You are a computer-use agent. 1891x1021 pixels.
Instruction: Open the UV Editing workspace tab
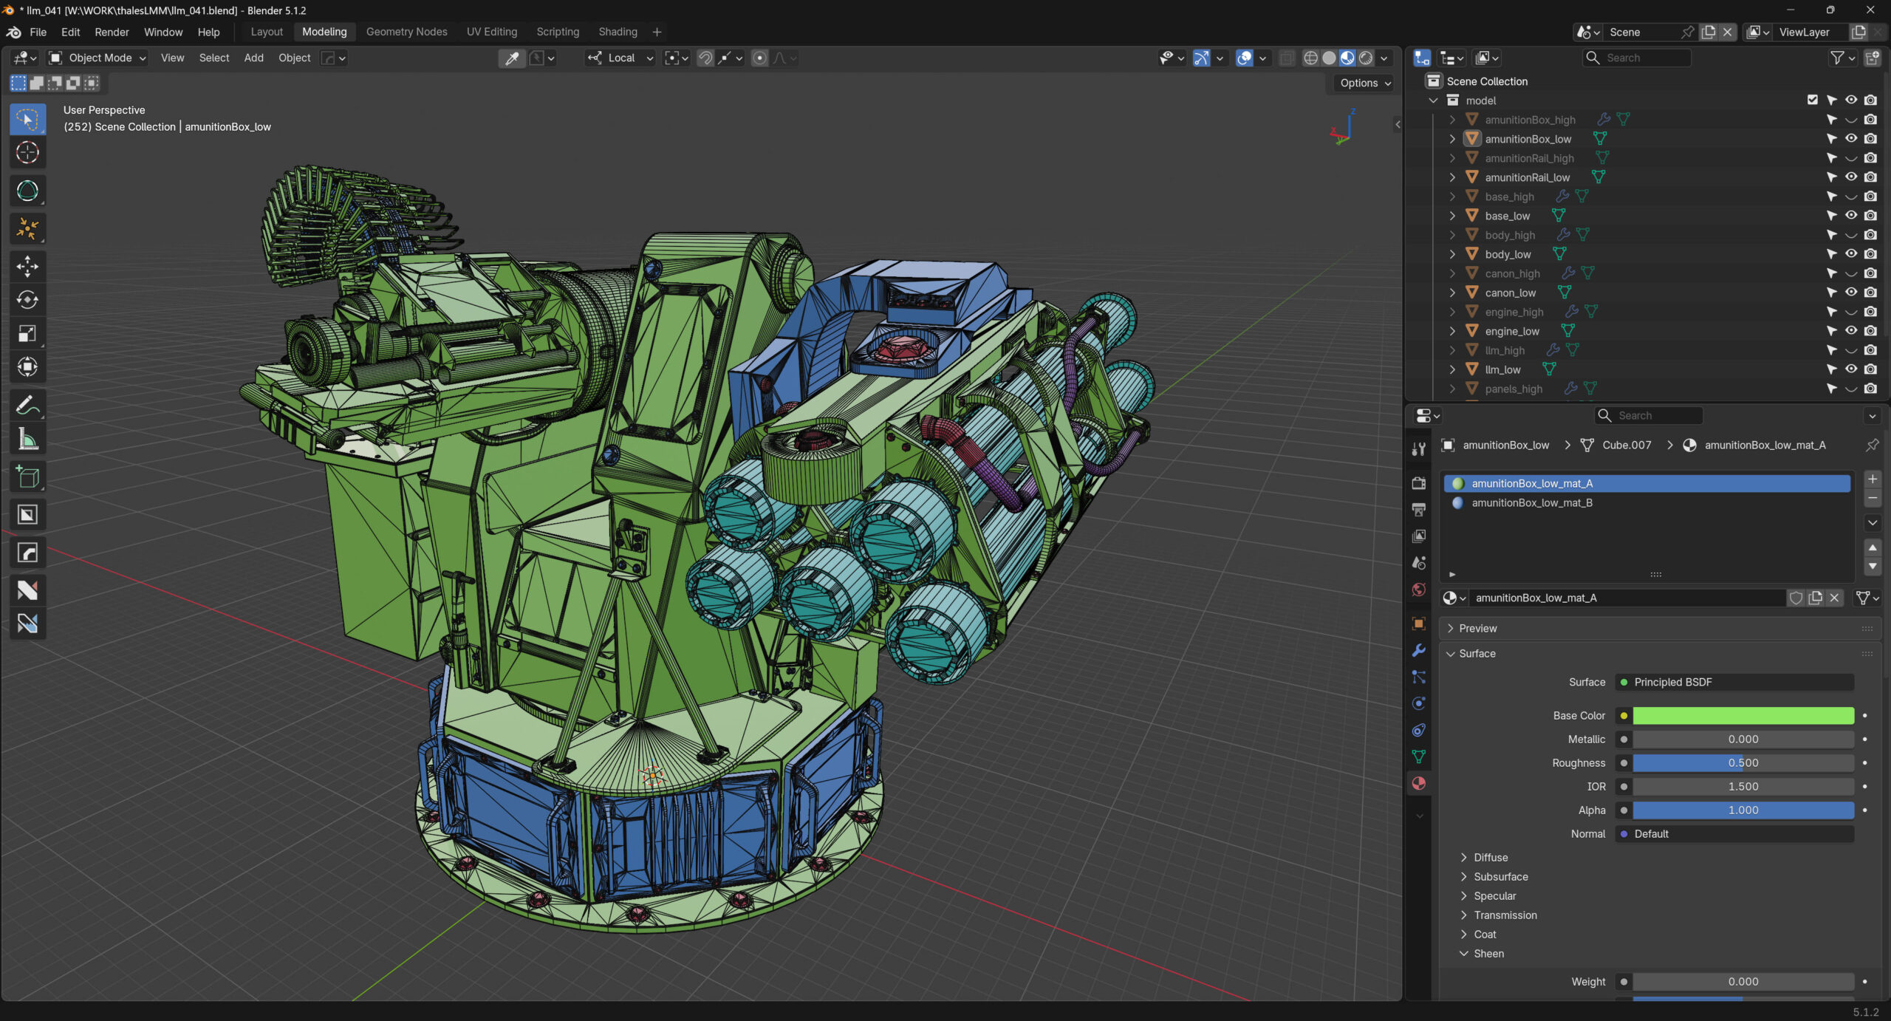pyautogui.click(x=492, y=32)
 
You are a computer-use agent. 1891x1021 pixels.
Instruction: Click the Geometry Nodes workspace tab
pyautogui.click(x=406, y=32)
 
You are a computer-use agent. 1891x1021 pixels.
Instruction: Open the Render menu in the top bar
pyautogui.click(x=112, y=32)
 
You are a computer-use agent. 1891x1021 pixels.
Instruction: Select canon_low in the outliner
pyautogui.click(x=1510, y=293)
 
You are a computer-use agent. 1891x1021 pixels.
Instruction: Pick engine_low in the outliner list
pyautogui.click(x=1512, y=331)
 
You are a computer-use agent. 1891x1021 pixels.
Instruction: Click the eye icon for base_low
pyautogui.click(x=1850, y=215)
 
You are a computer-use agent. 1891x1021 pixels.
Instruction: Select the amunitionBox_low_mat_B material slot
pyautogui.click(x=1531, y=502)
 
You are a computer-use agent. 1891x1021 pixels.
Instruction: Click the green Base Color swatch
pyautogui.click(x=1743, y=715)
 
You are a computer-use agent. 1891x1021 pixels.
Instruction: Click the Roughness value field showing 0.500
pyautogui.click(x=1743, y=762)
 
